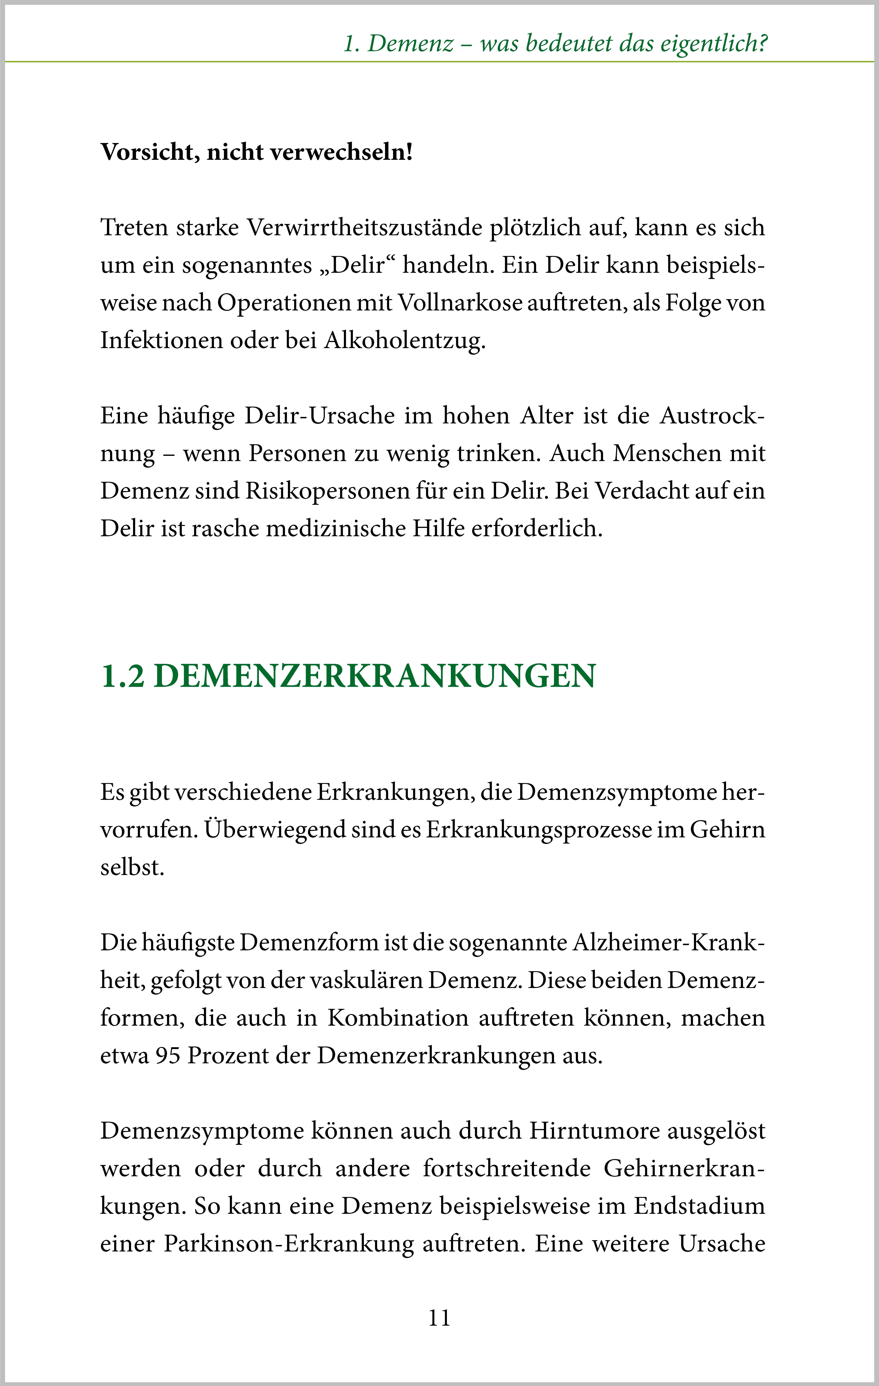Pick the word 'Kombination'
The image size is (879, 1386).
click(x=398, y=1018)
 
